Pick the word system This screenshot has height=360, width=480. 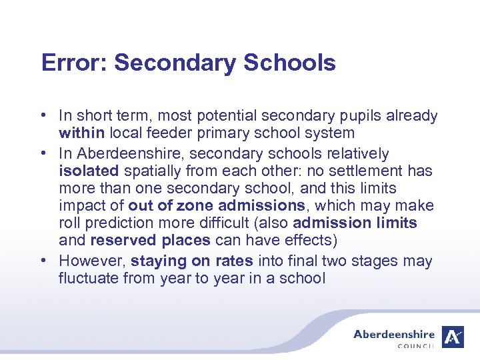click(x=331, y=133)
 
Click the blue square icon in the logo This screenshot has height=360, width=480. click(x=453, y=337)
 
